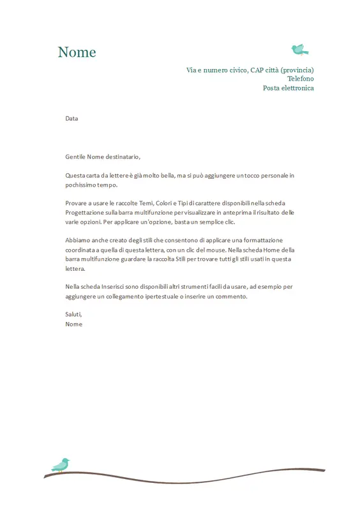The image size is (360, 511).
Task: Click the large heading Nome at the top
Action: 77,52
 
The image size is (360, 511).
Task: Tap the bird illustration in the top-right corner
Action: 299,49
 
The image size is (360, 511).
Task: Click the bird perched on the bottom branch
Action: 61,464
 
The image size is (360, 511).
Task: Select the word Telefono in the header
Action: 300,79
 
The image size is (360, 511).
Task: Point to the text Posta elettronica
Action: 288,88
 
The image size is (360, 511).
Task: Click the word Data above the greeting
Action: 71,118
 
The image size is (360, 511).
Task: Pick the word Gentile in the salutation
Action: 75,156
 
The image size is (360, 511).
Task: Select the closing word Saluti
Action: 73,314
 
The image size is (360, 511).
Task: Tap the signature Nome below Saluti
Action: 74,324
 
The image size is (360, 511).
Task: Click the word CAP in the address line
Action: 257,70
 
